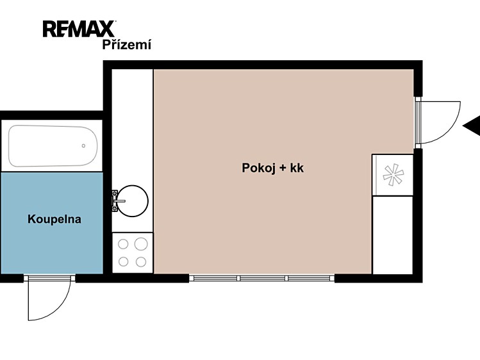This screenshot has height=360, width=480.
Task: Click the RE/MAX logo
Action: (x=79, y=29)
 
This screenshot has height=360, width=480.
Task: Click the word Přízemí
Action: (x=126, y=45)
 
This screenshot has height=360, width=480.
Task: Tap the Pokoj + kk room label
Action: (x=272, y=168)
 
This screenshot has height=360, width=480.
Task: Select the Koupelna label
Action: (x=54, y=219)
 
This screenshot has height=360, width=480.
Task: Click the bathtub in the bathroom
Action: (x=53, y=145)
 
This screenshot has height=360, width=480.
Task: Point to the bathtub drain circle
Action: (x=83, y=146)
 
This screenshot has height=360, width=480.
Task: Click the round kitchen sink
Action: (x=133, y=201)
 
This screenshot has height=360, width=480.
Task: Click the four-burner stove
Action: (x=133, y=252)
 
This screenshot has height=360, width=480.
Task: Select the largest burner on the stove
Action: (x=141, y=244)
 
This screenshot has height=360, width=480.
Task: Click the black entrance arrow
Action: (x=472, y=126)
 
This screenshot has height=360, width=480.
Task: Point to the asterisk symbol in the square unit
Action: (x=393, y=175)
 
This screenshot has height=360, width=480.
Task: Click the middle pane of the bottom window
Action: (x=262, y=279)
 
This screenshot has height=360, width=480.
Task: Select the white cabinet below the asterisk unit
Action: (x=392, y=235)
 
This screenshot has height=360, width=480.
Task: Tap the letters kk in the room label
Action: (x=297, y=168)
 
